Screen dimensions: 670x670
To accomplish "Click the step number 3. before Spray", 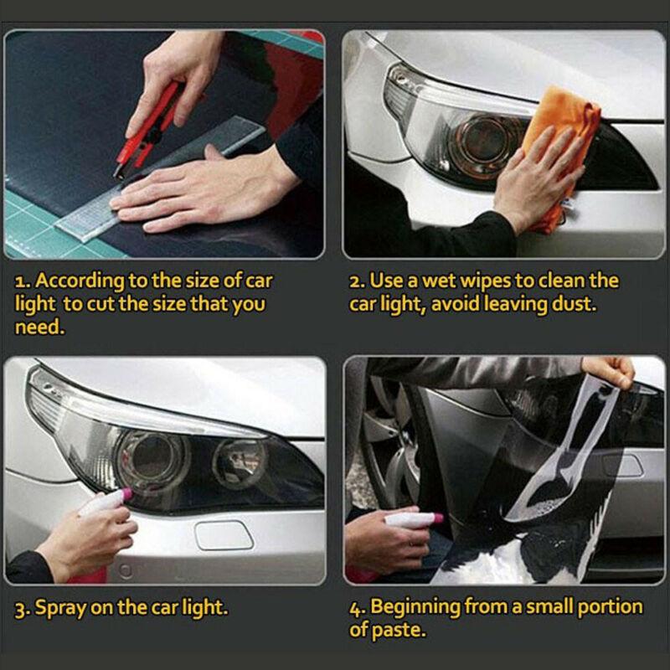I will coord(23,608).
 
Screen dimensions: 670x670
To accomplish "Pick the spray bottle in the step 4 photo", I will coord(410,520).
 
